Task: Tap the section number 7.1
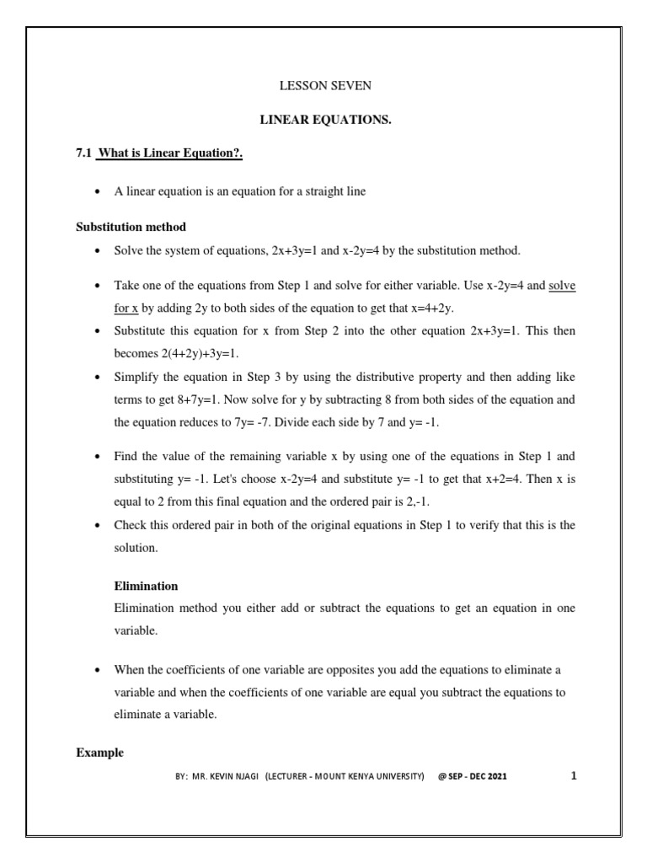pyautogui.click(x=84, y=153)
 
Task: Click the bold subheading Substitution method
pyautogui.click(x=131, y=227)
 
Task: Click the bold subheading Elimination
pyautogui.click(x=145, y=586)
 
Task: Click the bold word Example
pyautogui.click(x=99, y=753)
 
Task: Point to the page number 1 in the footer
pyautogui.click(x=574, y=776)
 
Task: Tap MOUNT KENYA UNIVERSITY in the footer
pyautogui.click(x=376, y=777)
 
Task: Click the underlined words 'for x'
pyautogui.click(x=126, y=308)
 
